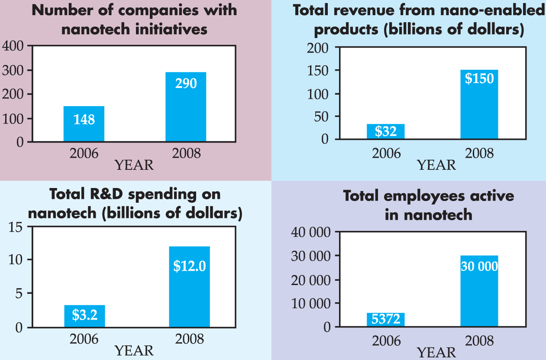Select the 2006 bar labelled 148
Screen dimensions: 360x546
pos(84,123)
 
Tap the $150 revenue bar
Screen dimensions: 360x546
pos(479,104)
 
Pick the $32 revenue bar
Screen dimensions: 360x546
pos(385,131)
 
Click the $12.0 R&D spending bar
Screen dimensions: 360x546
pos(189,286)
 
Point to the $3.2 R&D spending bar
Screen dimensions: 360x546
pos(84,316)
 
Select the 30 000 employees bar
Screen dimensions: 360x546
pos(479,291)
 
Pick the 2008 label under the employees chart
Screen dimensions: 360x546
pos(479,341)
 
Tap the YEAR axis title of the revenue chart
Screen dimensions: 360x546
pos(436,165)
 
